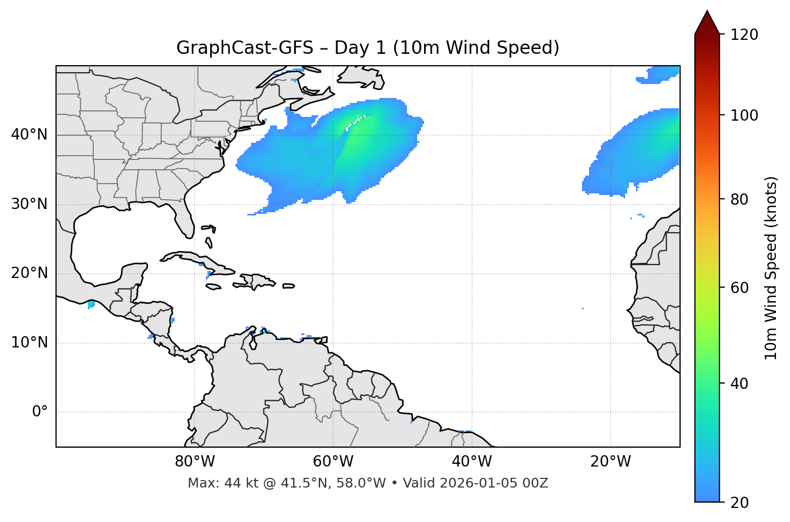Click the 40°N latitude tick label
coord(29,135)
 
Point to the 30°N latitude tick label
coord(29,204)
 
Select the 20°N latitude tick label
coord(29,273)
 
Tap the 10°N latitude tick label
coord(29,343)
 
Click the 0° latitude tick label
coord(40,412)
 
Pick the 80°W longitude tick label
coord(195,462)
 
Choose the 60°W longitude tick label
coord(333,462)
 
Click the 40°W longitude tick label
coord(472,462)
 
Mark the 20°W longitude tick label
coord(610,462)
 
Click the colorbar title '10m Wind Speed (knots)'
coord(771,268)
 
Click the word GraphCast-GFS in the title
coord(245,48)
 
